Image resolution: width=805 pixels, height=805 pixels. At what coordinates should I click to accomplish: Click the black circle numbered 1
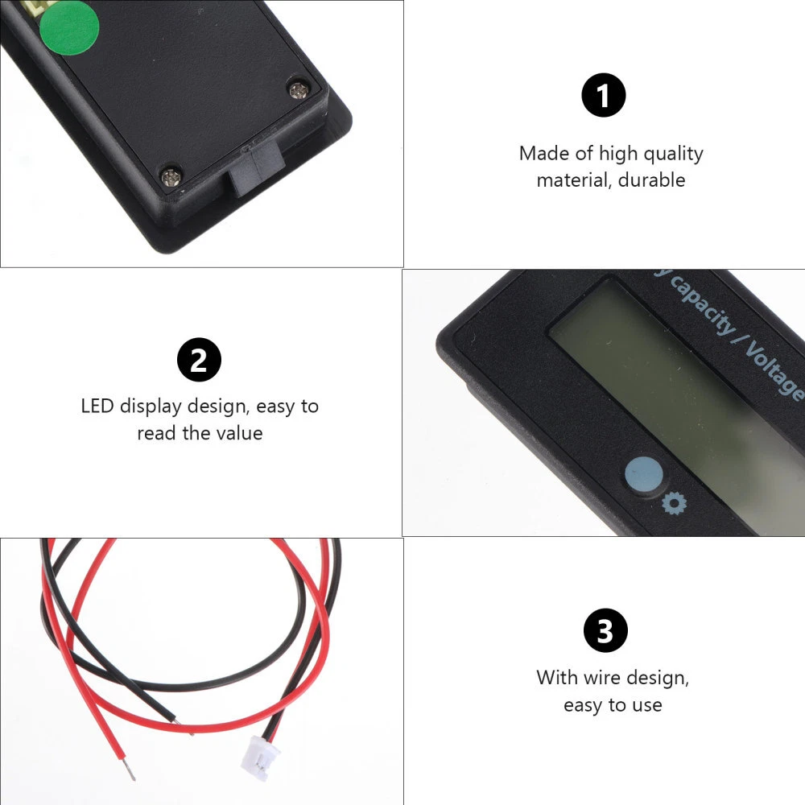(603, 95)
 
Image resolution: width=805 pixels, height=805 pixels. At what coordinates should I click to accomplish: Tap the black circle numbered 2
(199, 359)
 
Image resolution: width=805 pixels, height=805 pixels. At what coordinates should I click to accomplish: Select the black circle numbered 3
(606, 630)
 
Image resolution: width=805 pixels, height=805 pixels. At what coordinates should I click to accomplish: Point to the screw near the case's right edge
(299, 90)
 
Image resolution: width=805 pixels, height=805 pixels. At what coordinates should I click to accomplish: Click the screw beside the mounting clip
(171, 178)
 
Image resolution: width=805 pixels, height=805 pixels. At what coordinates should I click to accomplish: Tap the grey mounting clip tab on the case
(256, 168)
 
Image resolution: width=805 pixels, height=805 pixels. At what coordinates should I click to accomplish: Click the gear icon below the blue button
(674, 504)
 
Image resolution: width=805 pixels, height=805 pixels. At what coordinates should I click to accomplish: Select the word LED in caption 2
(97, 406)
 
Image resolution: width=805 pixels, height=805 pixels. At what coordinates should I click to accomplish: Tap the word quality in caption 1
(673, 154)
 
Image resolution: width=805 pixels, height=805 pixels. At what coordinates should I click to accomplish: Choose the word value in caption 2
(239, 433)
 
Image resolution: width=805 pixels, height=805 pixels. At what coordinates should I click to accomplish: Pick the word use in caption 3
(647, 705)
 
